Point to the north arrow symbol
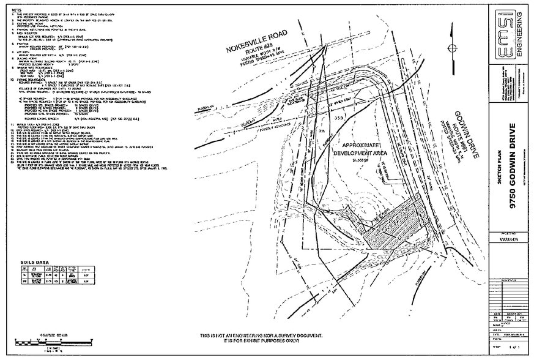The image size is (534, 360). pos(451,48)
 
